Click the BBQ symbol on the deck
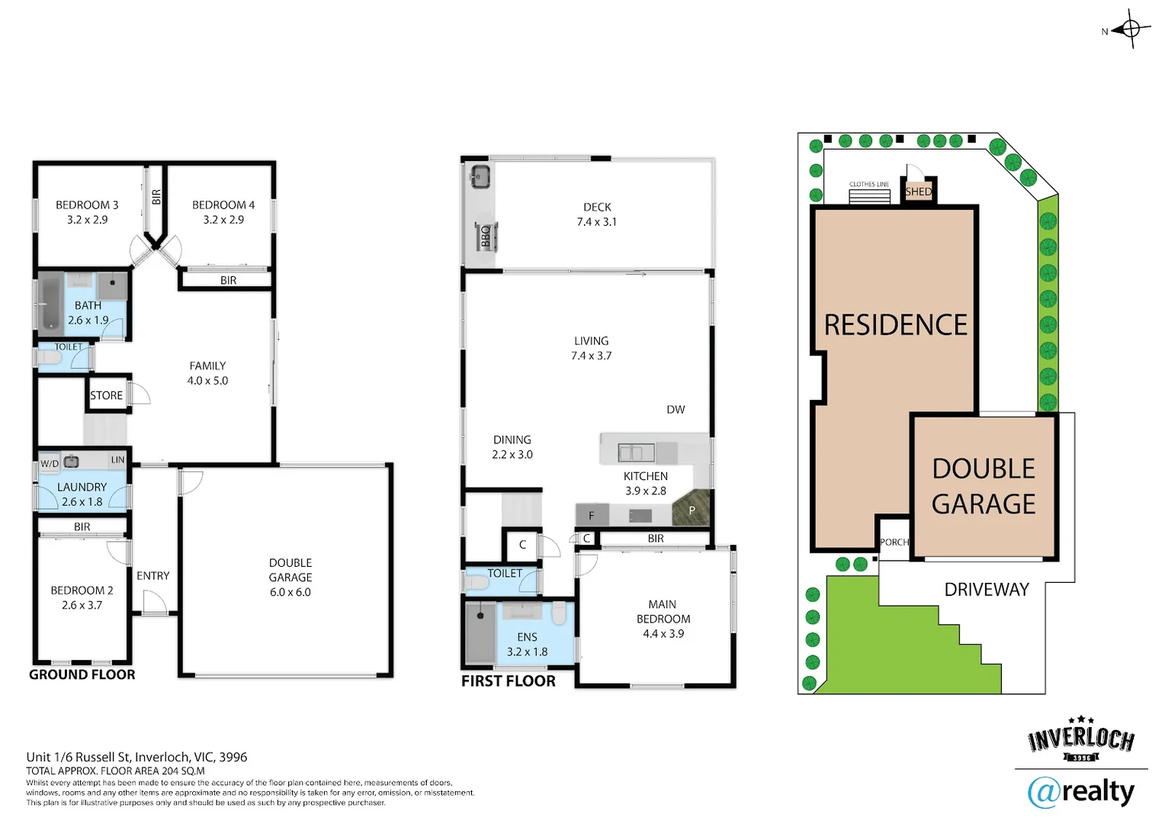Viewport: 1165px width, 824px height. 486,237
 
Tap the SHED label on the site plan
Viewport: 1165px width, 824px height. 918,192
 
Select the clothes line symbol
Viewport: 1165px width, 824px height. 869,196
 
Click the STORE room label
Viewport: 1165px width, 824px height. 106,395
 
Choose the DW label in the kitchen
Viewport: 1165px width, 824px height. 676,409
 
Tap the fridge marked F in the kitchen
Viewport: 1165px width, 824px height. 592,515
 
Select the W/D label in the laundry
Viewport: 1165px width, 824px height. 50,463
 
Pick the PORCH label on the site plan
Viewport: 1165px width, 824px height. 894,542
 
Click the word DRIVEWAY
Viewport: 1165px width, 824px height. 987,589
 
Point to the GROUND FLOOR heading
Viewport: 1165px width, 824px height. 82,674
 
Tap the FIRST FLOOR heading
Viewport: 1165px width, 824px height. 508,681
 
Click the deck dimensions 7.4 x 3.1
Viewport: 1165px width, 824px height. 596,222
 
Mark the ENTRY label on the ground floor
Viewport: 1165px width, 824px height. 153,576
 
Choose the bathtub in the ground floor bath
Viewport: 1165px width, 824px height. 51,304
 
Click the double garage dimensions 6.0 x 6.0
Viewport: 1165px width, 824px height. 290,592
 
